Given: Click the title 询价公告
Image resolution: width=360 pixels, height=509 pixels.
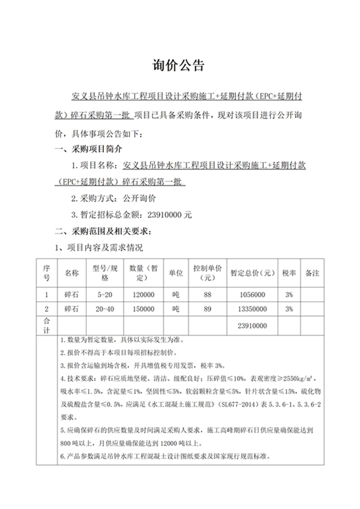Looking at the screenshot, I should click(x=180, y=66).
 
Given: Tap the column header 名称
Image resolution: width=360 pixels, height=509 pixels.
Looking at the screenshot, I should click(x=72, y=273).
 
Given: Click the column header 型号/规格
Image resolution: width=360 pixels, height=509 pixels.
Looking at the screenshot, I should click(x=104, y=273).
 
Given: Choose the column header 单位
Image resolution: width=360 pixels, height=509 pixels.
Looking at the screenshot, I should click(x=176, y=273).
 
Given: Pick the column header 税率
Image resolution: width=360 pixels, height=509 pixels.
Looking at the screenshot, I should click(x=289, y=273).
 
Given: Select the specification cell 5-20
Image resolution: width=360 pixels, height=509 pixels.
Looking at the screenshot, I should click(x=104, y=295).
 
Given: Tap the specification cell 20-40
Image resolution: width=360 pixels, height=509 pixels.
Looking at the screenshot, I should click(x=104, y=309).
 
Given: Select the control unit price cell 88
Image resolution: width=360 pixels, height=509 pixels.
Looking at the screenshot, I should click(x=207, y=295).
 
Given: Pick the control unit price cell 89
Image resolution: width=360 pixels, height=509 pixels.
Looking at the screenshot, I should click(x=207, y=309).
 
